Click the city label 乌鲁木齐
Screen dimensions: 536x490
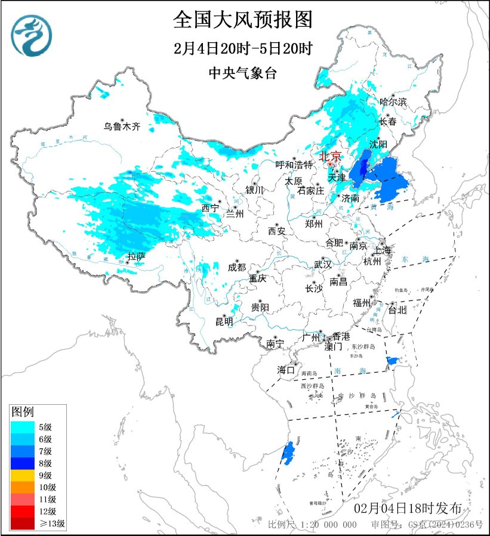pos(121,126)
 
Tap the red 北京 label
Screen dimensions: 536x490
pos(330,156)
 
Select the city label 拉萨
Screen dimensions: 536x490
pos(136,257)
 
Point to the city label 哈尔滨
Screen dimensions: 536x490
pos(393,102)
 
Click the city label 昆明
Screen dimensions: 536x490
pos(224,321)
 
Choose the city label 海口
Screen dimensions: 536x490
pos(286,370)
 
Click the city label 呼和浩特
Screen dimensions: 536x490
pos(294,165)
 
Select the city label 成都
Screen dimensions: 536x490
pos(236,267)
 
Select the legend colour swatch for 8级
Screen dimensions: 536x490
pos(22,463)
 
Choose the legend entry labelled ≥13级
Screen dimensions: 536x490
pos(38,524)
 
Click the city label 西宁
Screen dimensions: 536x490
pos(210,208)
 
